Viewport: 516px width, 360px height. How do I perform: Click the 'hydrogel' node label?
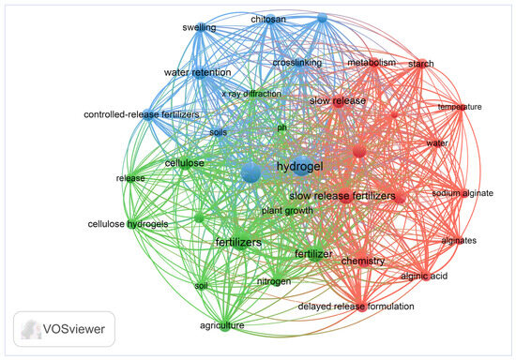[x=300, y=167]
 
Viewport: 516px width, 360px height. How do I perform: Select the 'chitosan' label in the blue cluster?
[x=268, y=20]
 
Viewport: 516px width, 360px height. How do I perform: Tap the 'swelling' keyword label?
[x=199, y=27]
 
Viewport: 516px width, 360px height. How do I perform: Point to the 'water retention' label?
[x=197, y=72]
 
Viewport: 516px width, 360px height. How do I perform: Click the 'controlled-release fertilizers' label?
[x=142, y=114]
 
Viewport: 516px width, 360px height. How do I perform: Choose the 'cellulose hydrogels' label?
[x=128, y=224]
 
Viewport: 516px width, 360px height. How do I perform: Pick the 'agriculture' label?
[x=222, y=325]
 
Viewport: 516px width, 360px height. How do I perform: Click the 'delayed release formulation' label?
[x=357, y=307]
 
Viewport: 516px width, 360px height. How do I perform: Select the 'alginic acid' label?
[x=424, y=276]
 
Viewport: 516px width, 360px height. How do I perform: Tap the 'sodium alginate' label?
[x=463, y=193]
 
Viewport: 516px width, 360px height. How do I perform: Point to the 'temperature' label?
[x=460, y=107]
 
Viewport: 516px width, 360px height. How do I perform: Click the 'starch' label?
[x=421, y=64]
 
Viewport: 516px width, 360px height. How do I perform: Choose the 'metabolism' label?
[x=372, y=63]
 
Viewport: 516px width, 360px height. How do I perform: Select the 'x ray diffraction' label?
[x=251, y=94]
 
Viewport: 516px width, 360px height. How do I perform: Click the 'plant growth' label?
[x=287, y=210]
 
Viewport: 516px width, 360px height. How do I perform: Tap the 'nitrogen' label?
[x=274, y=281]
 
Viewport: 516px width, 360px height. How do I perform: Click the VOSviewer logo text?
[x=74, y=329]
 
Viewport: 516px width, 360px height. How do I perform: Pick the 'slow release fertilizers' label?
[x=342, y=196]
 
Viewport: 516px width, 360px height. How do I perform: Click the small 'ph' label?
[x=281, y=127]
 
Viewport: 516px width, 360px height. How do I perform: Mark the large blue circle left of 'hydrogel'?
[x=251, y=172]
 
